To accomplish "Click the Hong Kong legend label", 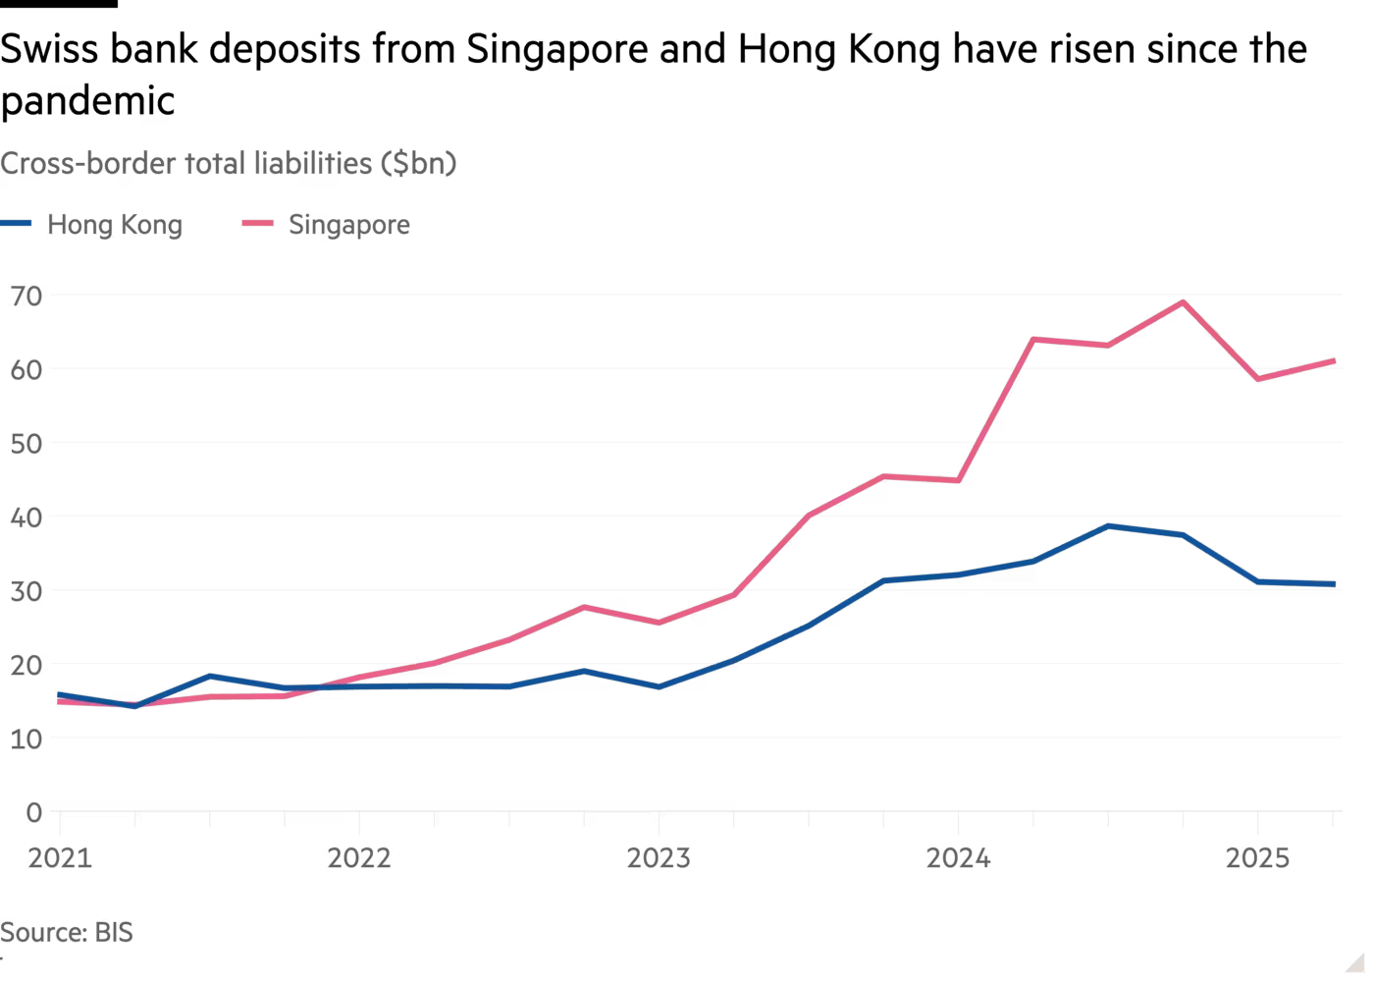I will click(115, 225).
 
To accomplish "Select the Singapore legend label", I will click(349, 225).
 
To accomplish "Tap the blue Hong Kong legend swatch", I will click(17, 224).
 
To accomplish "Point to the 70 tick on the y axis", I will click(26, 295).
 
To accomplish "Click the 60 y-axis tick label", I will click(26, 368).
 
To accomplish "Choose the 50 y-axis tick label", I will click(26, 443).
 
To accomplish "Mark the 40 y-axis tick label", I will click(26, 517).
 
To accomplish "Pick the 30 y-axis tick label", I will click(26, 590).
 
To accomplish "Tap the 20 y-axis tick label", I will click(26, 664).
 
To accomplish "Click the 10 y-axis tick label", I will click(26, 738).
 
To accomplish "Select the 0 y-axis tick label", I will click(34, 812).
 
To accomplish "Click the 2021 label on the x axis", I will click(60, 858).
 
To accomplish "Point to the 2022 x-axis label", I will click(359, 858).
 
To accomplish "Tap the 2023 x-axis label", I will click(659, 858).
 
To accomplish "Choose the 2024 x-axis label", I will click(959, 858).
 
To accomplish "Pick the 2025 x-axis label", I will click(1258, 858).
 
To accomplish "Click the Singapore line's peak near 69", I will click(1183, 301).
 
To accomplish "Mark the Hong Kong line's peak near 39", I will click(1108, 526).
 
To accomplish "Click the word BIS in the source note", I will click(114, 932).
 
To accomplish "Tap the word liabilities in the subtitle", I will click(311, 163).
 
